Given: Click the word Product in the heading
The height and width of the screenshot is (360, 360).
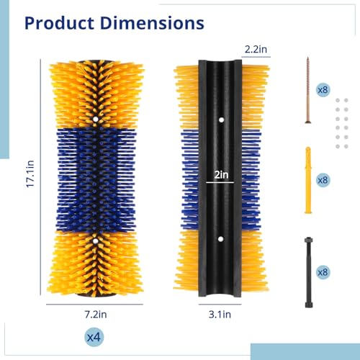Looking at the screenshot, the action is click(x=59, y=23).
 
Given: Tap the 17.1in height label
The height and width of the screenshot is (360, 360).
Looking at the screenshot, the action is click(x=30, y=174).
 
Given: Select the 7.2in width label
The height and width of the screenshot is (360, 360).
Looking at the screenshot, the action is click(x=96, y=314).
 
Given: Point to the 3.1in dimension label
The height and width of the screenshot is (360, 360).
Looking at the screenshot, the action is click(x=220, y=314).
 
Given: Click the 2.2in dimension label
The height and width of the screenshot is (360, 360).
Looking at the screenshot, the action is click(x=256, y=49).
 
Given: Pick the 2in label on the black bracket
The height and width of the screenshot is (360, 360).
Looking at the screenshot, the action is click(x=221, y=175).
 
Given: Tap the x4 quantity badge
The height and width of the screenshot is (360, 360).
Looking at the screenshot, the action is click(x=94, y=337).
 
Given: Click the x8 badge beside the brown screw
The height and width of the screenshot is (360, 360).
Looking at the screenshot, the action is click(x=323, y=90).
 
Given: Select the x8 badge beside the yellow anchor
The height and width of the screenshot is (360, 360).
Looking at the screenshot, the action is click(x=323, y=180).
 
